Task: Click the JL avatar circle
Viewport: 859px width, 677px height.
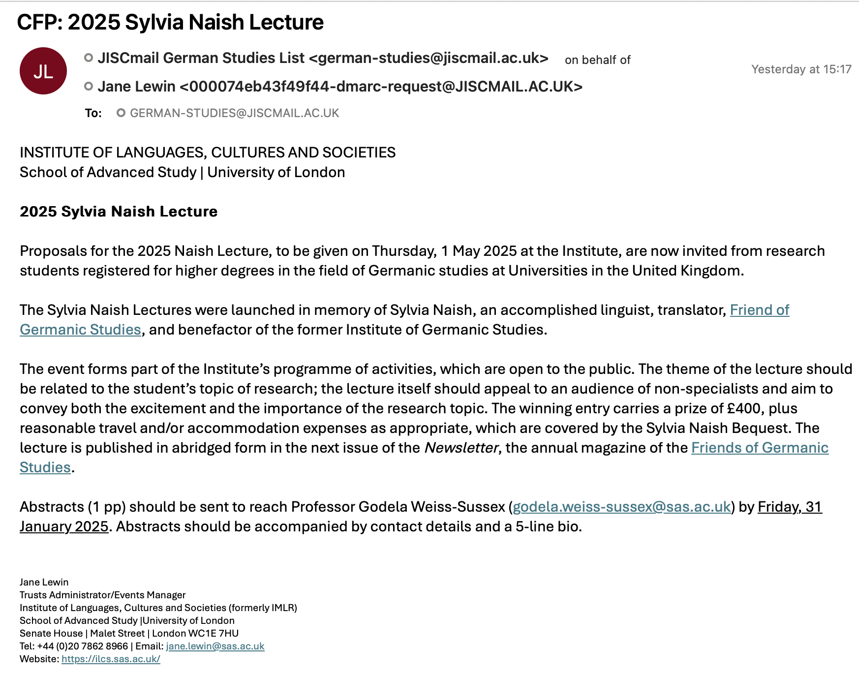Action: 43,71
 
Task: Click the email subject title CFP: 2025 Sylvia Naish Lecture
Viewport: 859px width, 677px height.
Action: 170,22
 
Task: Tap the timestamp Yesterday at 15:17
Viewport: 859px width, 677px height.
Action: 801,69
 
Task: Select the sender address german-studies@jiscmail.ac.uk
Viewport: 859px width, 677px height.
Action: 429,58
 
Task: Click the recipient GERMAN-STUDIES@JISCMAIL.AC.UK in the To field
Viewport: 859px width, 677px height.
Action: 234,113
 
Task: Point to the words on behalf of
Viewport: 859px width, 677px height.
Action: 597,60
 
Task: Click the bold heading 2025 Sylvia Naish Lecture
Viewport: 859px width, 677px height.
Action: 119,212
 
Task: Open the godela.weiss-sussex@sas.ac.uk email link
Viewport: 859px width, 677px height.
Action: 621,507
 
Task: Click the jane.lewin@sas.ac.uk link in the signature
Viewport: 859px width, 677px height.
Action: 215,646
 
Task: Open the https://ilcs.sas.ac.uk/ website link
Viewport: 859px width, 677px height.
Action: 111,659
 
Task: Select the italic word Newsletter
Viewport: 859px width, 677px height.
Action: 461,448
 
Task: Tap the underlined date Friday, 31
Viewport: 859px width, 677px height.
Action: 790,507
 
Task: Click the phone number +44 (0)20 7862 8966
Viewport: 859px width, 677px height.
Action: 83,646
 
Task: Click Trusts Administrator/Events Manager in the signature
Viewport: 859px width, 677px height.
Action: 102,595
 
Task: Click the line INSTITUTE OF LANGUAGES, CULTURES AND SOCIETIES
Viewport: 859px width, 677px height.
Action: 207,153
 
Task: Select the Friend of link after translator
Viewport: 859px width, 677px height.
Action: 759,310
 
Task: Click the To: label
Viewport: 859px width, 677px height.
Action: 93,113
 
